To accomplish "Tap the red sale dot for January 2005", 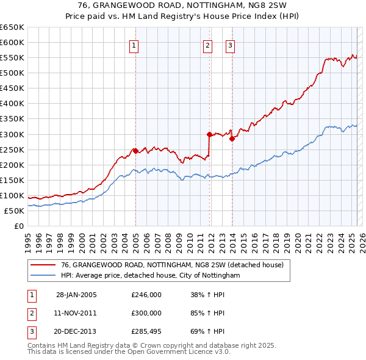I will pos(135,150).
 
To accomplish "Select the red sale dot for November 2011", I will pos(209,134).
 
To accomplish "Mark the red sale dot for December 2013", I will pos(232,139).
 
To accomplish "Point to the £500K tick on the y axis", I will pos(12,73).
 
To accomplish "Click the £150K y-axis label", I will pos(12,180).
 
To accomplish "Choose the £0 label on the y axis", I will pos(20,226).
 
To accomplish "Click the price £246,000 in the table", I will pos(146,295).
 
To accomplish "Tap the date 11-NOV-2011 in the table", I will pos(76,313).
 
